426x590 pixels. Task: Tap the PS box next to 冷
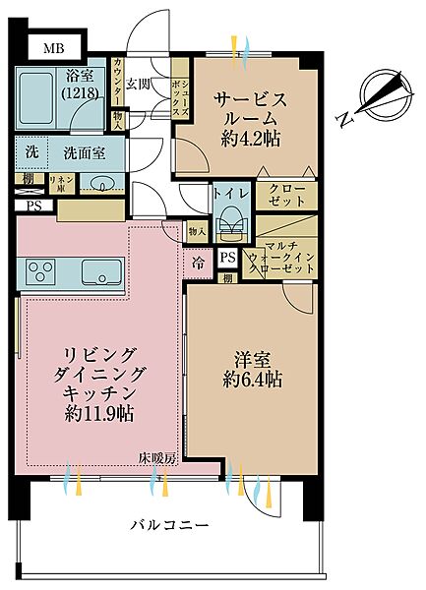[x=227, y=258]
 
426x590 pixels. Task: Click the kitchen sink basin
[x=102, y=270]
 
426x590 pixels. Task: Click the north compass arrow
[x=385, y=94]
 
